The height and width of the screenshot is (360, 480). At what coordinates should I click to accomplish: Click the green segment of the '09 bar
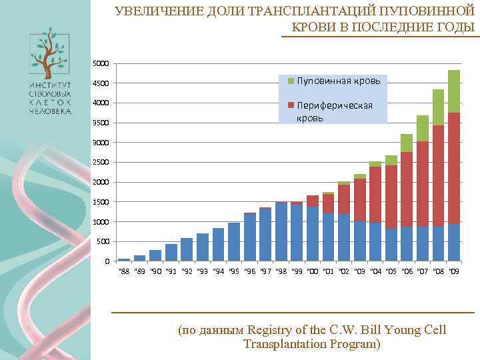coord(454,91)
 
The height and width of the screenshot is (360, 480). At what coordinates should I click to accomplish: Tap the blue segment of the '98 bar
coord(281,231)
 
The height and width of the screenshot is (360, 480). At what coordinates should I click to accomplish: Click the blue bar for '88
coord(124,259)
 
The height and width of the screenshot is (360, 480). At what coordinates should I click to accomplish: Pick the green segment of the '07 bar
coord(422,128)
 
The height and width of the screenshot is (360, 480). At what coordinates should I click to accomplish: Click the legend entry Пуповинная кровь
coord(338,81)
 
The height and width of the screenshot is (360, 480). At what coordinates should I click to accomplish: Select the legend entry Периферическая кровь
coord(333,111)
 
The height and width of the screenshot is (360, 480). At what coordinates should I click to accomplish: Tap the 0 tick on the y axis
coord(107,261)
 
